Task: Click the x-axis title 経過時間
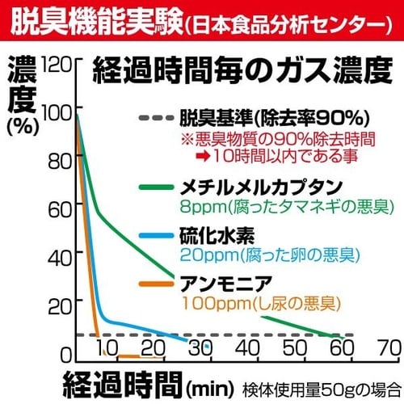(x=119, y=381)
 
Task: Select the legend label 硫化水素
(x=212, y=238)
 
